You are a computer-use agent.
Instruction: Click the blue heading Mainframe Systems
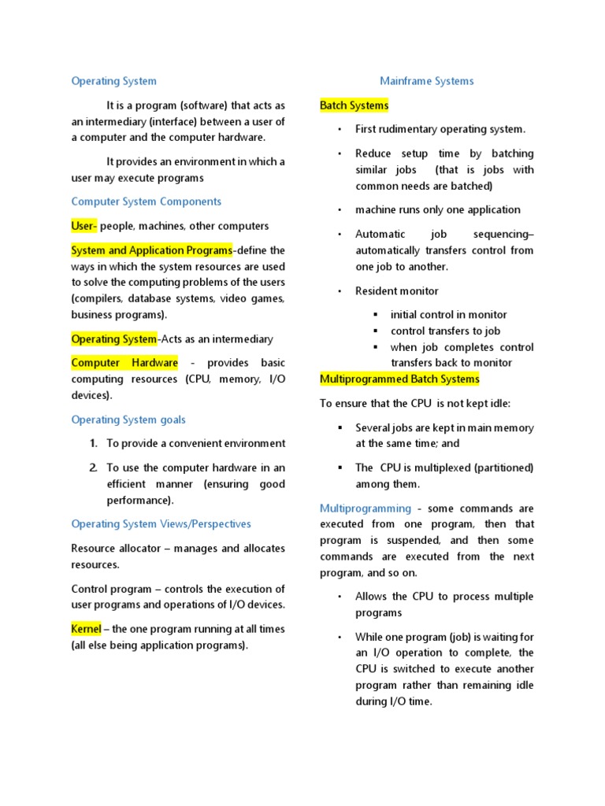coord(426,81)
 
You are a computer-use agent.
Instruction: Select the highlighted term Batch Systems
coord(354,105)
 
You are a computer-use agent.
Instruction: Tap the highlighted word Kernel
coord(86,629)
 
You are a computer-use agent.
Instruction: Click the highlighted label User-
coord(84,226)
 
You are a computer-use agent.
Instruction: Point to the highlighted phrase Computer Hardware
coord(124,363)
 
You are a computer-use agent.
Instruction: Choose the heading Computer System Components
coord(147,201)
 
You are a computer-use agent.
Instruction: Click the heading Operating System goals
coord(128,420)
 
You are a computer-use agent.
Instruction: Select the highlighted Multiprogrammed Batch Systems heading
coord(399,379)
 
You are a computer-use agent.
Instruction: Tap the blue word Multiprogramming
coord(366,508)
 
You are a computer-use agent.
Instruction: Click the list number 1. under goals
coord(93,443)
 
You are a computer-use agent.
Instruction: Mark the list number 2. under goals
coord(93,468)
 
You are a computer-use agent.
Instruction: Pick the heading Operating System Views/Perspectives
coord(161,524)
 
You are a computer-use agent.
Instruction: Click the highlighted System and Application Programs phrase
coord(151,250)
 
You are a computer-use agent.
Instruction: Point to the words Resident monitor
coord(396,291)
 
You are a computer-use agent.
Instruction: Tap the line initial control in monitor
coord(448,315)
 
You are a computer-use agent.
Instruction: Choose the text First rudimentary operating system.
coord(440,129)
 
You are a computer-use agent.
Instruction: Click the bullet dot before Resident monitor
coord(339,291)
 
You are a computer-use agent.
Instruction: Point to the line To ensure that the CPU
coord(415,404)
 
